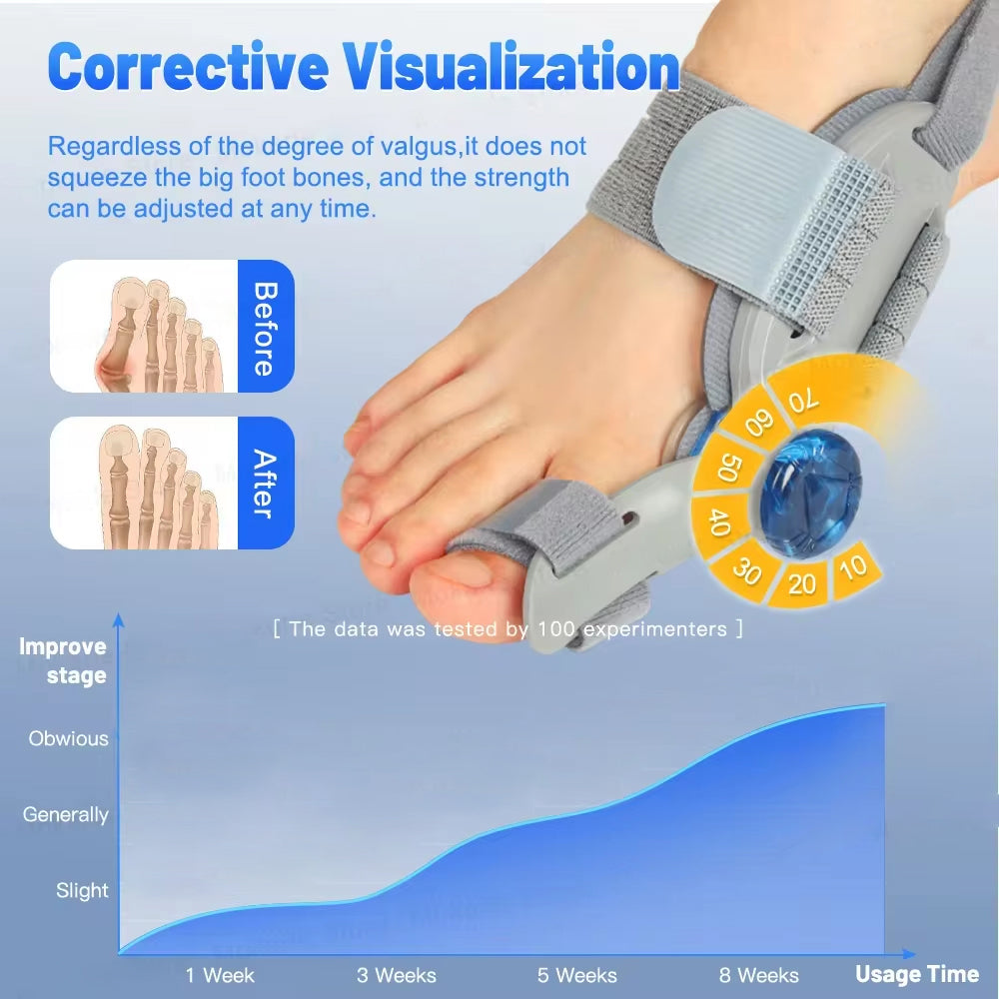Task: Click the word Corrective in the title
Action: point(188,67)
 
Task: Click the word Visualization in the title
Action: point(511,67)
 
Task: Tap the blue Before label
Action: point(265,327)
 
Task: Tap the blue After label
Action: point(265,484)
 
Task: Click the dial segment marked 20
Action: point(801,582)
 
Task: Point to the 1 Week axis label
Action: point(220,975)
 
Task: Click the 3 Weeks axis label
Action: point(397,975)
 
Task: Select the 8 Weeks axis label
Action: point(759,975)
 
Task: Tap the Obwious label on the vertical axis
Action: point(68,739)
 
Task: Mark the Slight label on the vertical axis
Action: point(82,890)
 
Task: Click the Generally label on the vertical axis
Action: point(66,815)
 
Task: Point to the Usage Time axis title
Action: point(917,974)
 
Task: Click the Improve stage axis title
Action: point(63,660)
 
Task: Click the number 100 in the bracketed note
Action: point(557,628)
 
